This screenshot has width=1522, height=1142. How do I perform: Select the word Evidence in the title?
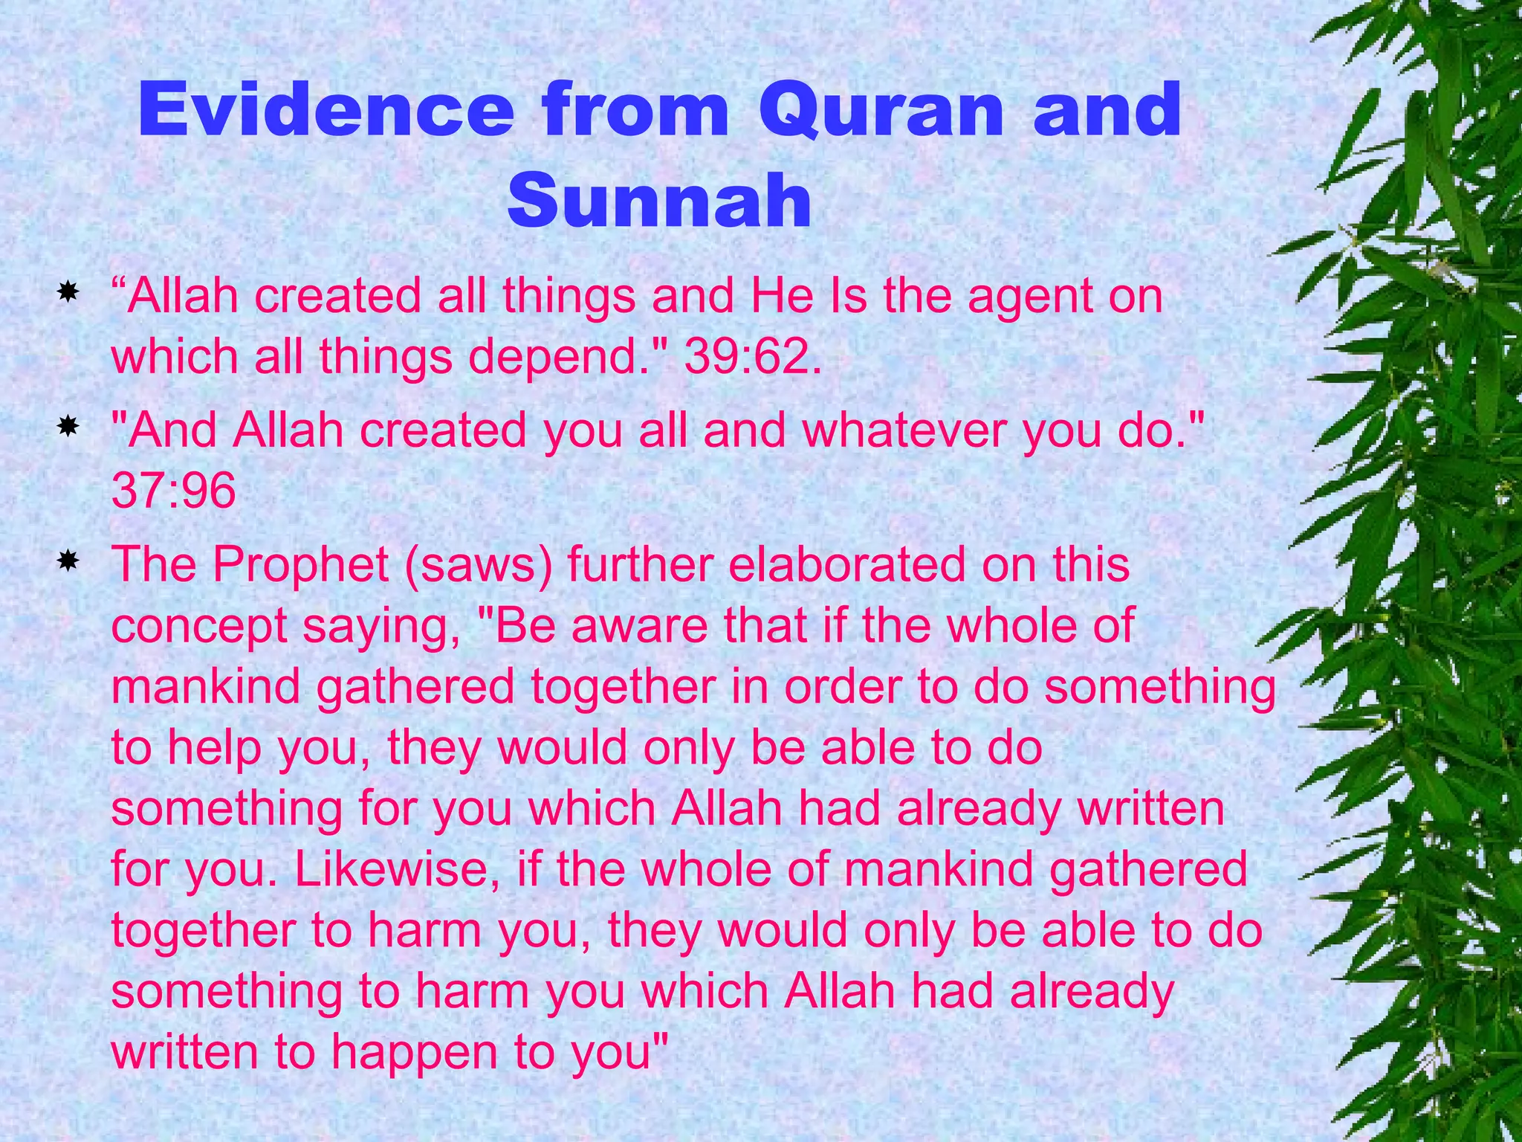[x=326, y=112]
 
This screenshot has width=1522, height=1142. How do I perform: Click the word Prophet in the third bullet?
[x=300, y=565]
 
